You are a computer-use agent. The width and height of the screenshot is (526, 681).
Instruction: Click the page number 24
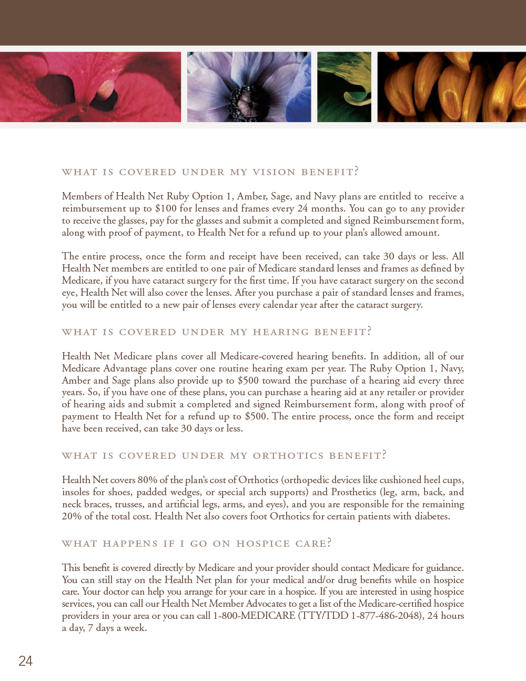point(25,661)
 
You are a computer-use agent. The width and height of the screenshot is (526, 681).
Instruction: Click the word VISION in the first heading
point(274,172)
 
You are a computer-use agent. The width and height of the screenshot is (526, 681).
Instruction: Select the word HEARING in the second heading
point(281,332)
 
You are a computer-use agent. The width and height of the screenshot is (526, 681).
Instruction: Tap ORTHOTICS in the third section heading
point(288,456)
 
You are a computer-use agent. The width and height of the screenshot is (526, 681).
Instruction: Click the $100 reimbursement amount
point(166,208)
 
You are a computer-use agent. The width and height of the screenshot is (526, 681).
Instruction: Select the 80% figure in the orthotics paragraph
point(147,480)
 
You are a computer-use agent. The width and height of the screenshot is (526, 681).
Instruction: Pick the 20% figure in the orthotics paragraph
point(72,516)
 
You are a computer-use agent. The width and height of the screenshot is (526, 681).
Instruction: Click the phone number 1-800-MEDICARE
point(254,616)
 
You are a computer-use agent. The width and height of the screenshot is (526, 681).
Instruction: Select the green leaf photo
point(344,87)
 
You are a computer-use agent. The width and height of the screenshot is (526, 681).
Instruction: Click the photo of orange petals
point(451,87)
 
